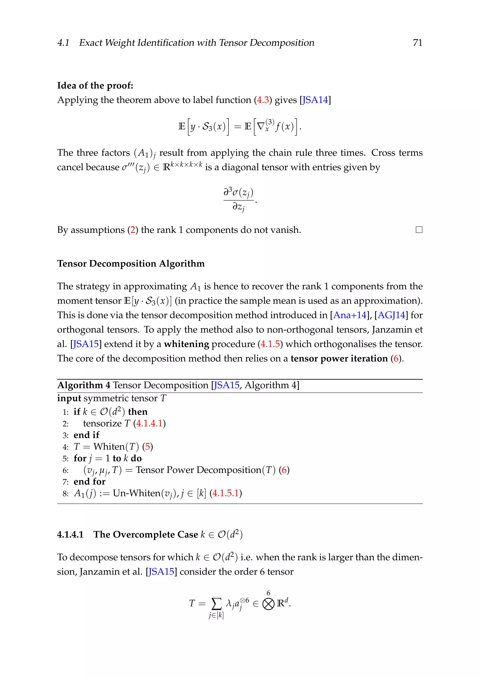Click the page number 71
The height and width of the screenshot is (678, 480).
click(x=417, y=43)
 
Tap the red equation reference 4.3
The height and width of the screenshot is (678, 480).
click(x=263, y=100)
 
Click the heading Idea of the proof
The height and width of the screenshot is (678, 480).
click(x=95, y=86)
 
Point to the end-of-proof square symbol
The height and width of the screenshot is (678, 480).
click(x=419, y=230)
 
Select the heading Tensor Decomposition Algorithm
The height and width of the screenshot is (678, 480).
click(x=131, y=263)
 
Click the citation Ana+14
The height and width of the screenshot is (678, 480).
click(x=350, y=315)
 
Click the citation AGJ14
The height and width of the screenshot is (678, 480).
click(x=391, y=315)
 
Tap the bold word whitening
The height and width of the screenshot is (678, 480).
click(x=187, y=344)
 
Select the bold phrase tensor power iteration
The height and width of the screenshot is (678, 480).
click(x=339, y=358)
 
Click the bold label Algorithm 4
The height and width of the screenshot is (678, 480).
click(x=84, y=385)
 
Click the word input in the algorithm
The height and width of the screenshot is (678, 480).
click(x=69, y=398)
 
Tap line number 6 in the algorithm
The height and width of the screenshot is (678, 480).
click(x=65, y=470)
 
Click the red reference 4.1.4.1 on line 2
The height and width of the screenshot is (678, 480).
click(x=149, y=424)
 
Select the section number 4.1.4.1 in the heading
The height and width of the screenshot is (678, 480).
click(x=70, y=534)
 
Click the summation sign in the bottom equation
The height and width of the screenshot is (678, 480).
click(x=216, y=604)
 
